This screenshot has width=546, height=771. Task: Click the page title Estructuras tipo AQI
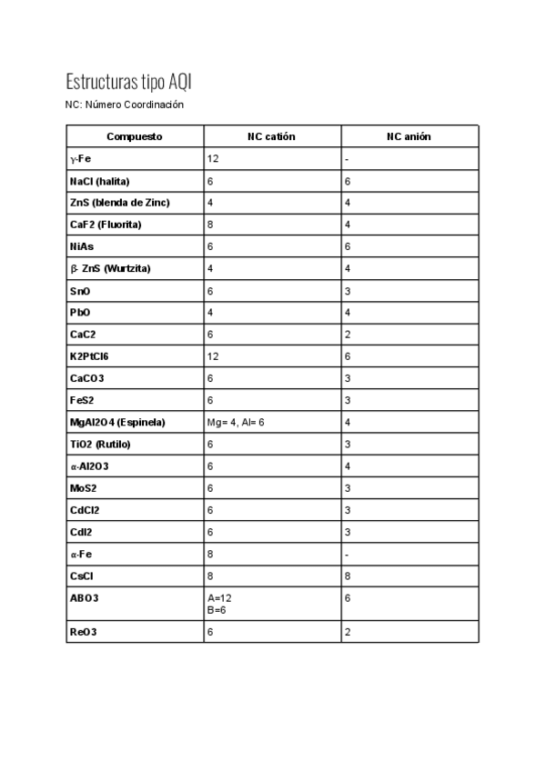[x=128, y=82]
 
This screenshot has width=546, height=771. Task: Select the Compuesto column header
[x=135, y=136]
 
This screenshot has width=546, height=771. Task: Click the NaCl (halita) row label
[x=101, y=182]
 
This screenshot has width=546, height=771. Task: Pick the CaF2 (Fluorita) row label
[x=106, y=225]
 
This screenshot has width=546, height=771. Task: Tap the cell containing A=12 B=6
[x=217, y=604]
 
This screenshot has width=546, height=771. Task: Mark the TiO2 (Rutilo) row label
[x=100, y=445]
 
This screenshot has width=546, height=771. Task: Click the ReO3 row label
[x=83, y=631]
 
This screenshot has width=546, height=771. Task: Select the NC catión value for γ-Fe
[x=213, y=159]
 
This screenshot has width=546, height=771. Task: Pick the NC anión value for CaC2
[x=348, y=335]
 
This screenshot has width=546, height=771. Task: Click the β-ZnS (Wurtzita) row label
[x=110, y=269]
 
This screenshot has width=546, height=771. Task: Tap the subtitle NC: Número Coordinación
[x=125, y=105]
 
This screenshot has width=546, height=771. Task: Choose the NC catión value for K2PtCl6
[x=213, y=356]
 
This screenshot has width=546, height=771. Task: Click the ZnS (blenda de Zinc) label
[x=119, y=203]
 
